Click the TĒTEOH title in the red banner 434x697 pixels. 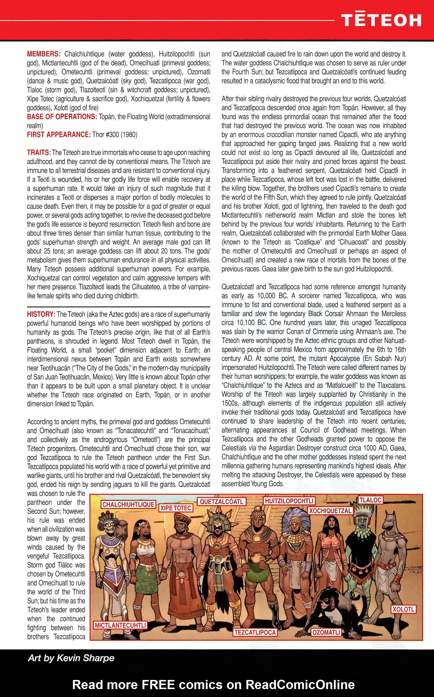(x=381, y=21)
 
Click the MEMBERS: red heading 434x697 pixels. (x=43, y=54)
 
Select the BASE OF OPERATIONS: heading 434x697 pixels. (x=62, y=117)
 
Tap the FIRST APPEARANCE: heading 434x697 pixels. (x=59, y=134)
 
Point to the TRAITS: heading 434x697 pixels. (x=39, y=152)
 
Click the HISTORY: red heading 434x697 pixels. (x=41, y=314)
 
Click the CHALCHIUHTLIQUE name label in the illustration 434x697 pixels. (x=128, y=505)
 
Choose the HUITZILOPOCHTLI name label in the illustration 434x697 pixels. (x=289, y=501)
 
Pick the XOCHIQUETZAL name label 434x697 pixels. (x=330, y=511)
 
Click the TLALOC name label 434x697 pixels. (x=370, y=500)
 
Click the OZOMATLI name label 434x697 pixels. (x=326, y=633)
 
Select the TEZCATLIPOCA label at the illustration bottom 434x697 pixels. (x=255, y=633)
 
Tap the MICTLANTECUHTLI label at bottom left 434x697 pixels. (x=120, y=625)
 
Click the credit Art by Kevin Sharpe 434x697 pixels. (x=71, y=658)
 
